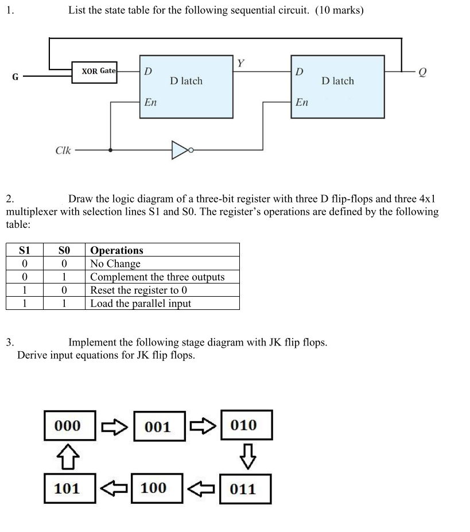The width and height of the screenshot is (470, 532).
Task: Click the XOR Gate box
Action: click(x=95, y=72)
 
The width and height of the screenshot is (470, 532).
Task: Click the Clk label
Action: click(x=63, y=150)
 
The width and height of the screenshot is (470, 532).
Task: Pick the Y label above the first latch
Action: click(x=241, y=63)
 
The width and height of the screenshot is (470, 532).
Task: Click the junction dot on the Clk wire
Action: click(x=110, y=150)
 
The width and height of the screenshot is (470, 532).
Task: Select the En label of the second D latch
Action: click(x=302, y=102)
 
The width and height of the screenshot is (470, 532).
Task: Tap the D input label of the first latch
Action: click(x=148, y=72)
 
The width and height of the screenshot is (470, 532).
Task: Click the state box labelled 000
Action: click(x=67, y=425)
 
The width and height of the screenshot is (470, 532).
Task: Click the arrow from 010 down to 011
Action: click(x=247, y=457)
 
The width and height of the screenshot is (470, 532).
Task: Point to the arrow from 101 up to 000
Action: click(x=67, y=457)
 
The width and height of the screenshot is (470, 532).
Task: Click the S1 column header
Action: click(x=24, y=250)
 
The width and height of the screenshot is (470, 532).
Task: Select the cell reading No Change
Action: click(x=115, y=264)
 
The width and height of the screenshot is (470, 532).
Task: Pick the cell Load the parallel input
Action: click(x=141, y=304)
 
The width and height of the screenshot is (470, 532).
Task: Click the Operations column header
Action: click(x=117, y=250)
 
